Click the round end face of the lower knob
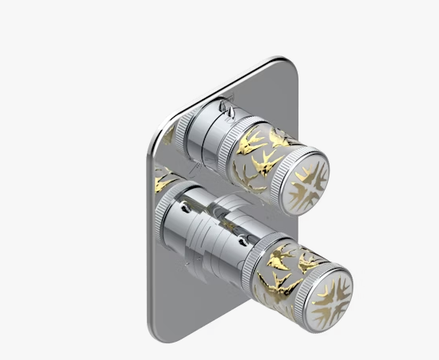click(327, 289)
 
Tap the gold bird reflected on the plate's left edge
click(164, 180)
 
